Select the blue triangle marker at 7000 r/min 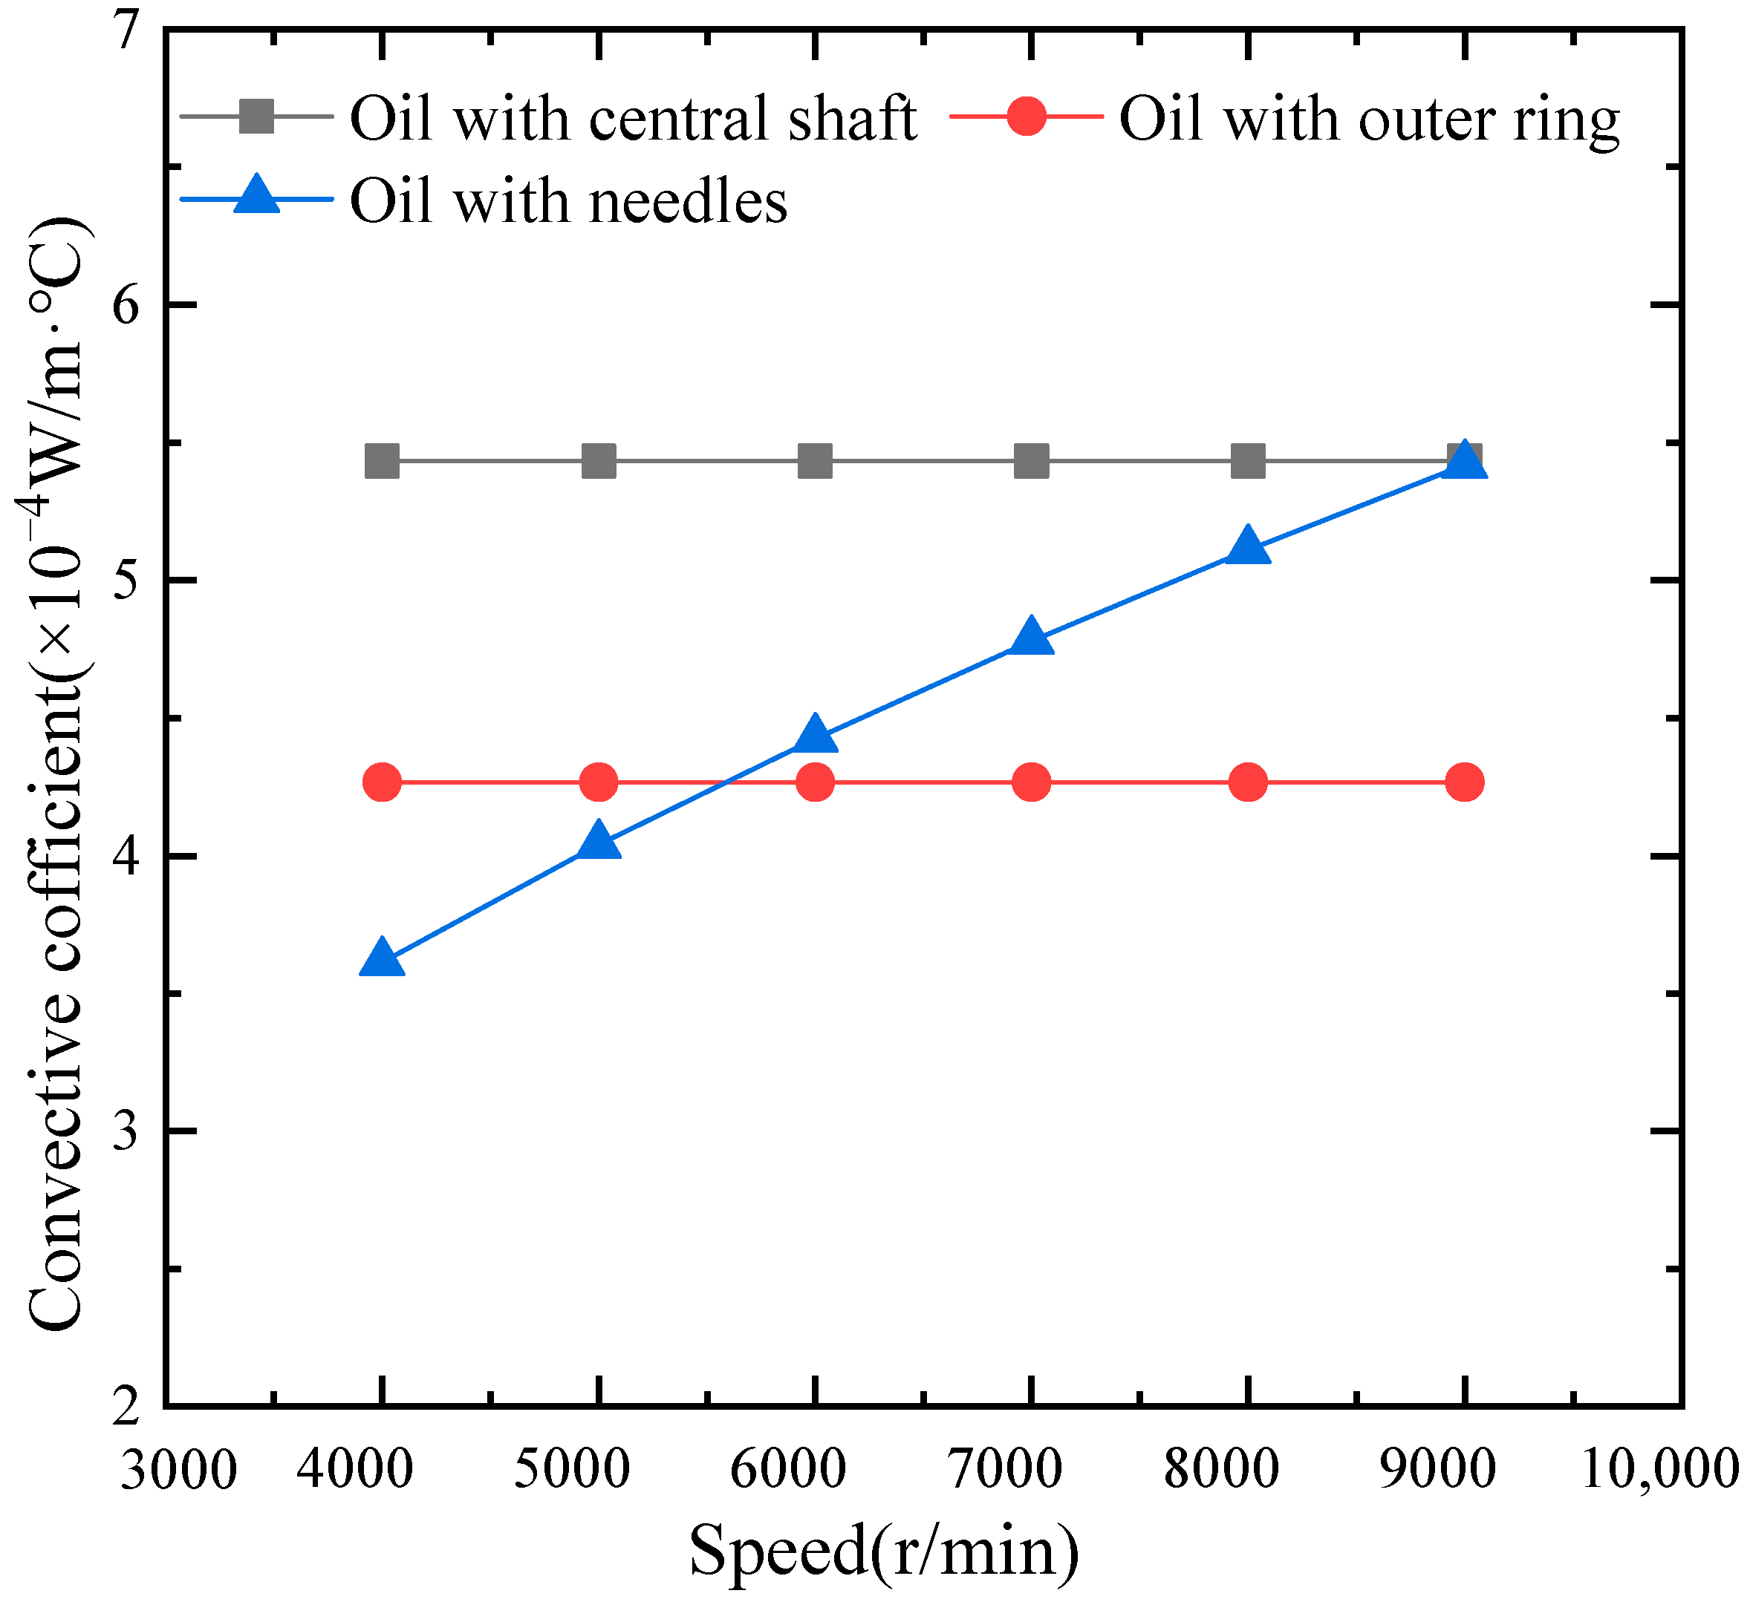click(x=1031, y=638)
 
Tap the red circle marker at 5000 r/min click(x=598, y=782)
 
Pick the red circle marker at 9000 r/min click(x=1465, y=782)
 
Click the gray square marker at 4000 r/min click(x=381, y=461)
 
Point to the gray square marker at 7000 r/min click(x=1031, y=461)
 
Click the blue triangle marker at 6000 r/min click(x=814, y=736)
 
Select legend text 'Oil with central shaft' click(x=633, y=118)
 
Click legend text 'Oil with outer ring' click(x=1369, y=118)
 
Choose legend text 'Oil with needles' click(x=568, y=201)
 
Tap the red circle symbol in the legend click(x=1027, y=117)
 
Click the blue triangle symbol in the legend click(x=258, y=196)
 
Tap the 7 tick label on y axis click(x=127, y=32)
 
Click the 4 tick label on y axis click(x=127, y=857)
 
